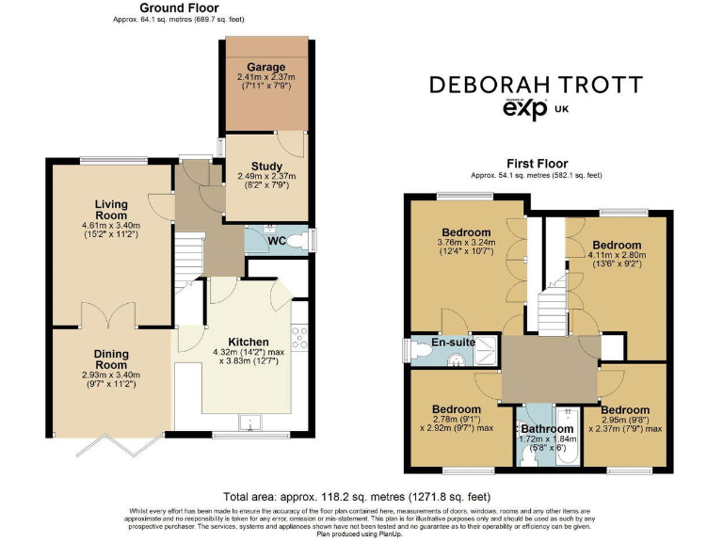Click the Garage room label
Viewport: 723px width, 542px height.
click(x=266, y=67)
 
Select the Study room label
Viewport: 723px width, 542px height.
click(x=266, y=167)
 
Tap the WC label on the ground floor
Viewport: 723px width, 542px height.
click(x=278, y=240)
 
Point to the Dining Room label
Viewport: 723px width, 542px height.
click(x=110, y=359)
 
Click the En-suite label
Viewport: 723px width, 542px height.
click(x=453, y=343)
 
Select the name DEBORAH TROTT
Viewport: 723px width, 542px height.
click(x=550, y=85)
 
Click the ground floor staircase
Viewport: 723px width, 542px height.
click(x=190, y=254)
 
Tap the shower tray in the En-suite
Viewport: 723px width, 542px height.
click(x=488, y=346)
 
